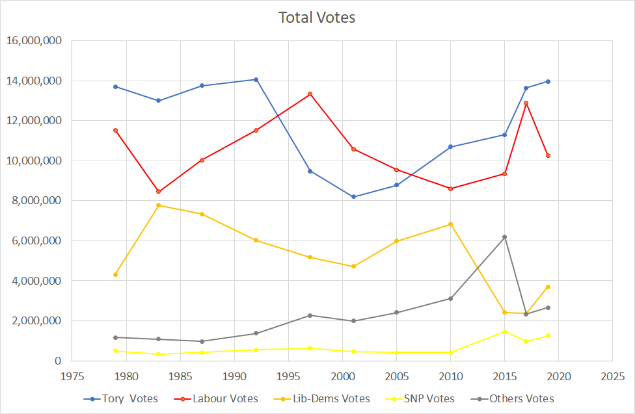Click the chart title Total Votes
(317, 18)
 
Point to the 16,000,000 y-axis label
(34, 41)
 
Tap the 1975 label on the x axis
(72, 376)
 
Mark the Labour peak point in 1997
(310, 94)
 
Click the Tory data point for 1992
(256, 79)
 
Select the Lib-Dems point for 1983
(159, 205)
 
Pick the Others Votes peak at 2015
(504, 237)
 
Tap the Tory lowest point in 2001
(353, 197)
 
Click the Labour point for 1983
(159, 192)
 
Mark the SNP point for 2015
(504, 331)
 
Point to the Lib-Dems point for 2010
(450, 224)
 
